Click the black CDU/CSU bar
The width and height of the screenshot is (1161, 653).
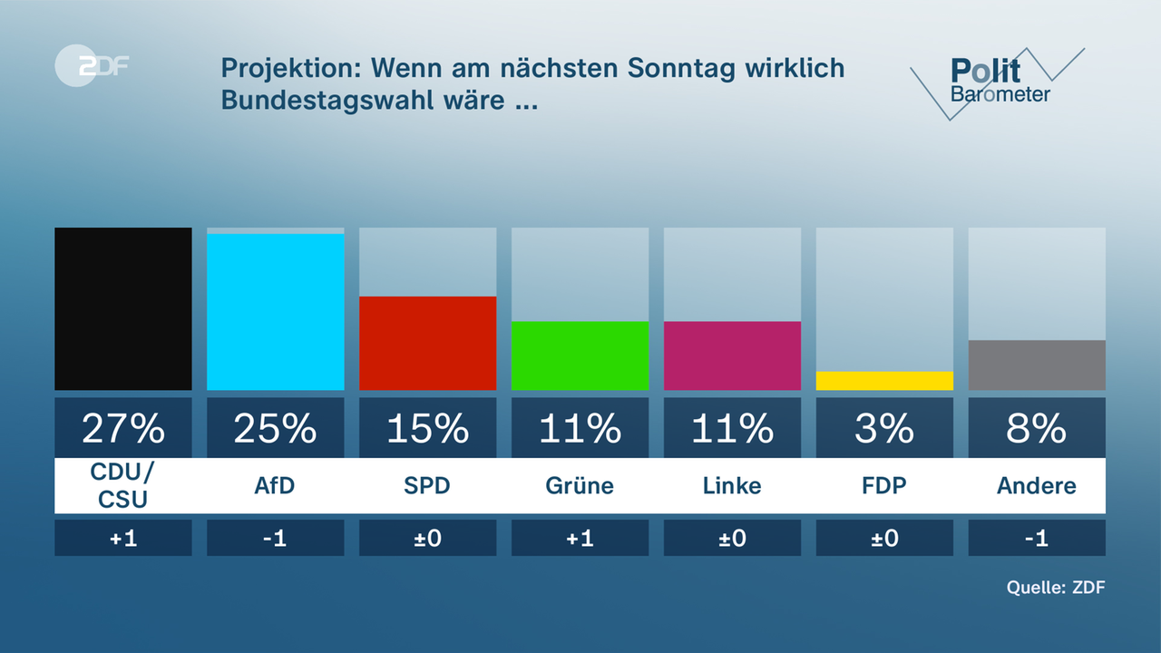tap(123, 308)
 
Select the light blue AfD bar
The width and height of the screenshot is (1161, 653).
tap(276, 312)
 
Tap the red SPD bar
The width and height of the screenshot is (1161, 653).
tap(428, 343)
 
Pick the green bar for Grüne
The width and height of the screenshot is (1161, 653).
tap(580, 356)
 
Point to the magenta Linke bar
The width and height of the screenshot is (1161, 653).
tap(733, 356)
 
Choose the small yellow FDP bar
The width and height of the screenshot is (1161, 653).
tap(884, 381)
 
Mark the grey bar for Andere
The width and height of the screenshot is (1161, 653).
tap(1037, 365)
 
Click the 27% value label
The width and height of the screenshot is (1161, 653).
tap(123, 428)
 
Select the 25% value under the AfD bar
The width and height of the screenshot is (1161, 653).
tap(276, 428)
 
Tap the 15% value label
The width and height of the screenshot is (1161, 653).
tap(428, 428)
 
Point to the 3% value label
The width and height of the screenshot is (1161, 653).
tap(884, 428)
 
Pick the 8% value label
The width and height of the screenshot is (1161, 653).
tap(1037, 428)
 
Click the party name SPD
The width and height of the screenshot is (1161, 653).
tap(427, 485)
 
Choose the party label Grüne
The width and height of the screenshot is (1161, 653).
tap(580, 485)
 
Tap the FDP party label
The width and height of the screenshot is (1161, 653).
tap(884, 485)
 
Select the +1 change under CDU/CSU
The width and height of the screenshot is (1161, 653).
tap(123, 538)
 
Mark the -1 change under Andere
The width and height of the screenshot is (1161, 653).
tap(1037, 538)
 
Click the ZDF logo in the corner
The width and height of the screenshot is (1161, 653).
tap(91, 66)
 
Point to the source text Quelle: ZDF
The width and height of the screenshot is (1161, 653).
tap(1056, 587)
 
